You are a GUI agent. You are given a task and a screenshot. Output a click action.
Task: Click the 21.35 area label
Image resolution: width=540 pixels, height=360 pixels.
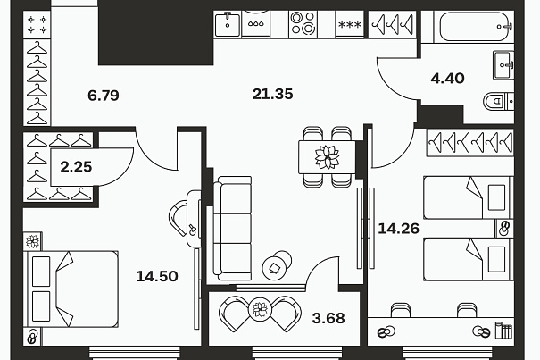pos(273,94)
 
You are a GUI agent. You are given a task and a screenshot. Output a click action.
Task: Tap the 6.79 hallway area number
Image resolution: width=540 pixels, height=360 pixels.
pos(104,96)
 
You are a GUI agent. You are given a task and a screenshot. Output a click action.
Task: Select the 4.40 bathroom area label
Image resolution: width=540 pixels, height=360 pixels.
pos(447,79)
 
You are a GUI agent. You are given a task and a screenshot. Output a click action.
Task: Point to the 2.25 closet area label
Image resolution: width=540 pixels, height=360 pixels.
pos(76,167)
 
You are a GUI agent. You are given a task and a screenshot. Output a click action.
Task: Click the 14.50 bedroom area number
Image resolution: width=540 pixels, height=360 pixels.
pos(157,276)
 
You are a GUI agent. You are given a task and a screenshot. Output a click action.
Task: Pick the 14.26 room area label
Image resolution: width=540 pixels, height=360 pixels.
pos(398,229)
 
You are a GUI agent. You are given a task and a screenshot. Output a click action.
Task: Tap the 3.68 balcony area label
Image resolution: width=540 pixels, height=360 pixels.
pos(328,318)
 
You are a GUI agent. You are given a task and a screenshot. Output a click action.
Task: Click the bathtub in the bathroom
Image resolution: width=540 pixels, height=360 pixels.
pos(476,27)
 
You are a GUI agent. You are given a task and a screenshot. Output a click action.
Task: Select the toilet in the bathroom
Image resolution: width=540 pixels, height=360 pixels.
pos(499,101)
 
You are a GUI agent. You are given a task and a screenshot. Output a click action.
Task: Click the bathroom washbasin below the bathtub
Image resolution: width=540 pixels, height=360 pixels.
pos(503,65)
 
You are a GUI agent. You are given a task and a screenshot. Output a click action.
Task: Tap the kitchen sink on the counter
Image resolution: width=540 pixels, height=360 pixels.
pos(228,24)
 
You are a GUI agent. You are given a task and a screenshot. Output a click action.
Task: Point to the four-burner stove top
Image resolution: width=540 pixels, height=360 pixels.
pos(303,23)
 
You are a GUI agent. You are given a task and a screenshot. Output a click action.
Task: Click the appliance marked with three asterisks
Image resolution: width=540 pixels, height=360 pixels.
pos(350,24)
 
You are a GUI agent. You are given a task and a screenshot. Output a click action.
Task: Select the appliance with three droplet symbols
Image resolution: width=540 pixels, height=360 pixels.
pos(256,23)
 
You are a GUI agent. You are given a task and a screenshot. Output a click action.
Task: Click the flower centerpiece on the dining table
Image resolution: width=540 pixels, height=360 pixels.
pos(327,157)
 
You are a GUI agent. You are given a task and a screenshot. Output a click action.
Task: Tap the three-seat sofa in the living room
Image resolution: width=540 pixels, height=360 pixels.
pos(232,229)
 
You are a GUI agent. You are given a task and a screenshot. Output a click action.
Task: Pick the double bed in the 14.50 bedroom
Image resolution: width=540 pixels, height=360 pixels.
pos(71,289)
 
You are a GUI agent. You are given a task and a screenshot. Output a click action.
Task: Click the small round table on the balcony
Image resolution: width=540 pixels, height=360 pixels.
pos(260,308)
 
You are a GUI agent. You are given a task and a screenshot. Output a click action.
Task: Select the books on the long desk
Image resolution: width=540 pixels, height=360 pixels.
pos(503,331)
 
